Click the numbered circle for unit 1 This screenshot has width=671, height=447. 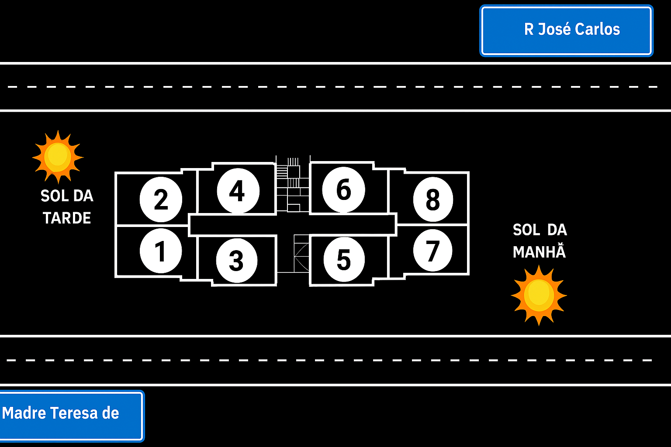coord(161,251)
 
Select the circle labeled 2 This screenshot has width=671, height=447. coord(161,199)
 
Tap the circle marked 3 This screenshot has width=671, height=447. coord(236,261)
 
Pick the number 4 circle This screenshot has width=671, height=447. coord(238,191)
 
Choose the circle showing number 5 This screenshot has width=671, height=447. coord(344,260)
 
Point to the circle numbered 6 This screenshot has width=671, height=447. coord(343,189)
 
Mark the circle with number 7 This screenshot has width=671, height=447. coord(432,251)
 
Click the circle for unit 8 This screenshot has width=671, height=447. coord(432,199)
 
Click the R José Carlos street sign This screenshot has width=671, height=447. coord(566,31)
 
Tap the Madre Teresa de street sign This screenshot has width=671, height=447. coord(71,415)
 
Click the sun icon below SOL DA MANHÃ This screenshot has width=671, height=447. coord(539,295)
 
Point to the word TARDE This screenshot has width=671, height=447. coord(67,218)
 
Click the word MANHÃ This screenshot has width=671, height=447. coord(539,252)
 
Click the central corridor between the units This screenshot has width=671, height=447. coord(293,225)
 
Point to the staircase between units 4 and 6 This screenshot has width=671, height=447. coord(292,183)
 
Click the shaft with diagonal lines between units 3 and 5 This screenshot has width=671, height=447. coord(301,253)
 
